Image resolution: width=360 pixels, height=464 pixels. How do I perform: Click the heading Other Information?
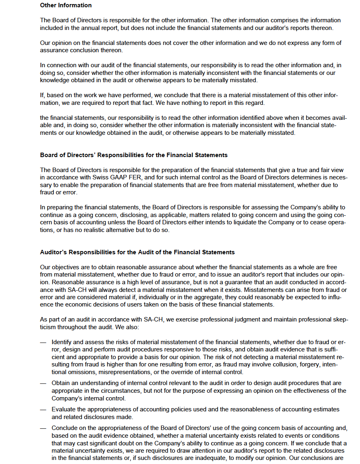[x=66, y=5]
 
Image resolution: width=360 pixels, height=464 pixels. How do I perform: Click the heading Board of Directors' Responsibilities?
[x=133, y=155]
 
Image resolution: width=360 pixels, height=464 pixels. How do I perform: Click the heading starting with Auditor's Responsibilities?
[x=137, y=252]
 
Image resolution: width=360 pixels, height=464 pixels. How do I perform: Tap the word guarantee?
[x=233, y=282]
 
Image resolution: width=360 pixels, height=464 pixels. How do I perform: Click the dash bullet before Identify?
[x=43, y=342]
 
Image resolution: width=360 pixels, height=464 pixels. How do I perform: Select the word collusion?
[x=274, y=365]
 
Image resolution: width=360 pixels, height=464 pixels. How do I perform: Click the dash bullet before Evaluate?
[x=43, y=410]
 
